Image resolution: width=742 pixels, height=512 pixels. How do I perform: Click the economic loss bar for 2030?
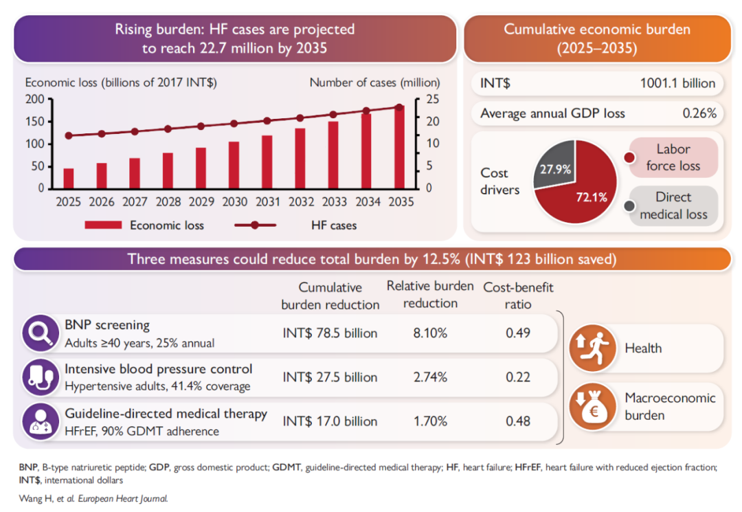pyautogui.click(x=234, y=165)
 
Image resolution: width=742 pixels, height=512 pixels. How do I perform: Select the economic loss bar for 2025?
pyautogui.click(x=69, y=178)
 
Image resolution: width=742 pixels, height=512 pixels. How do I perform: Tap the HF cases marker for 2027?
pyautogui.click(x=135, y=131)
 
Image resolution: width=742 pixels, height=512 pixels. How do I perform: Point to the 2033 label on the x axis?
pyautogui.click(x=333, y=202)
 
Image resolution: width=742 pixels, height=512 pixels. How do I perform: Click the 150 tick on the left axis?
pyautogui.click(x=35, y=121)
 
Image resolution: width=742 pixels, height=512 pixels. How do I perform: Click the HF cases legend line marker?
pyautogui.click(x=255, y=225)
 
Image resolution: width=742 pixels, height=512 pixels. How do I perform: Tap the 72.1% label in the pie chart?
pyautogui.click(x=591, y=198)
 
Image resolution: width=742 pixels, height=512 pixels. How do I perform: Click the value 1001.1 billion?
pyautogui.click(x=677, y=84)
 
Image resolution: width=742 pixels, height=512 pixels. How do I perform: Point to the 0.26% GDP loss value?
pyautogui.click(x=699, y=113)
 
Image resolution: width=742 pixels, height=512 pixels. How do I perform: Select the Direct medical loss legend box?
pyautogui.click(x=673, y=205)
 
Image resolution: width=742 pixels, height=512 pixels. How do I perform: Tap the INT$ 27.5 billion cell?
pyautogui.click(x=330, y=377)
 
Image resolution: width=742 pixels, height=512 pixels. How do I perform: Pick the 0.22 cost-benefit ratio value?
pyautogui.click(x=518, y=377)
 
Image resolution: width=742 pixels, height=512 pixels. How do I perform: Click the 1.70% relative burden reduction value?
pyautogui.click(x=431, y=421)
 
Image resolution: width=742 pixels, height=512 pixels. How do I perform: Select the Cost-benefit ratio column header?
pyautogui.click(x=518, y=296)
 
